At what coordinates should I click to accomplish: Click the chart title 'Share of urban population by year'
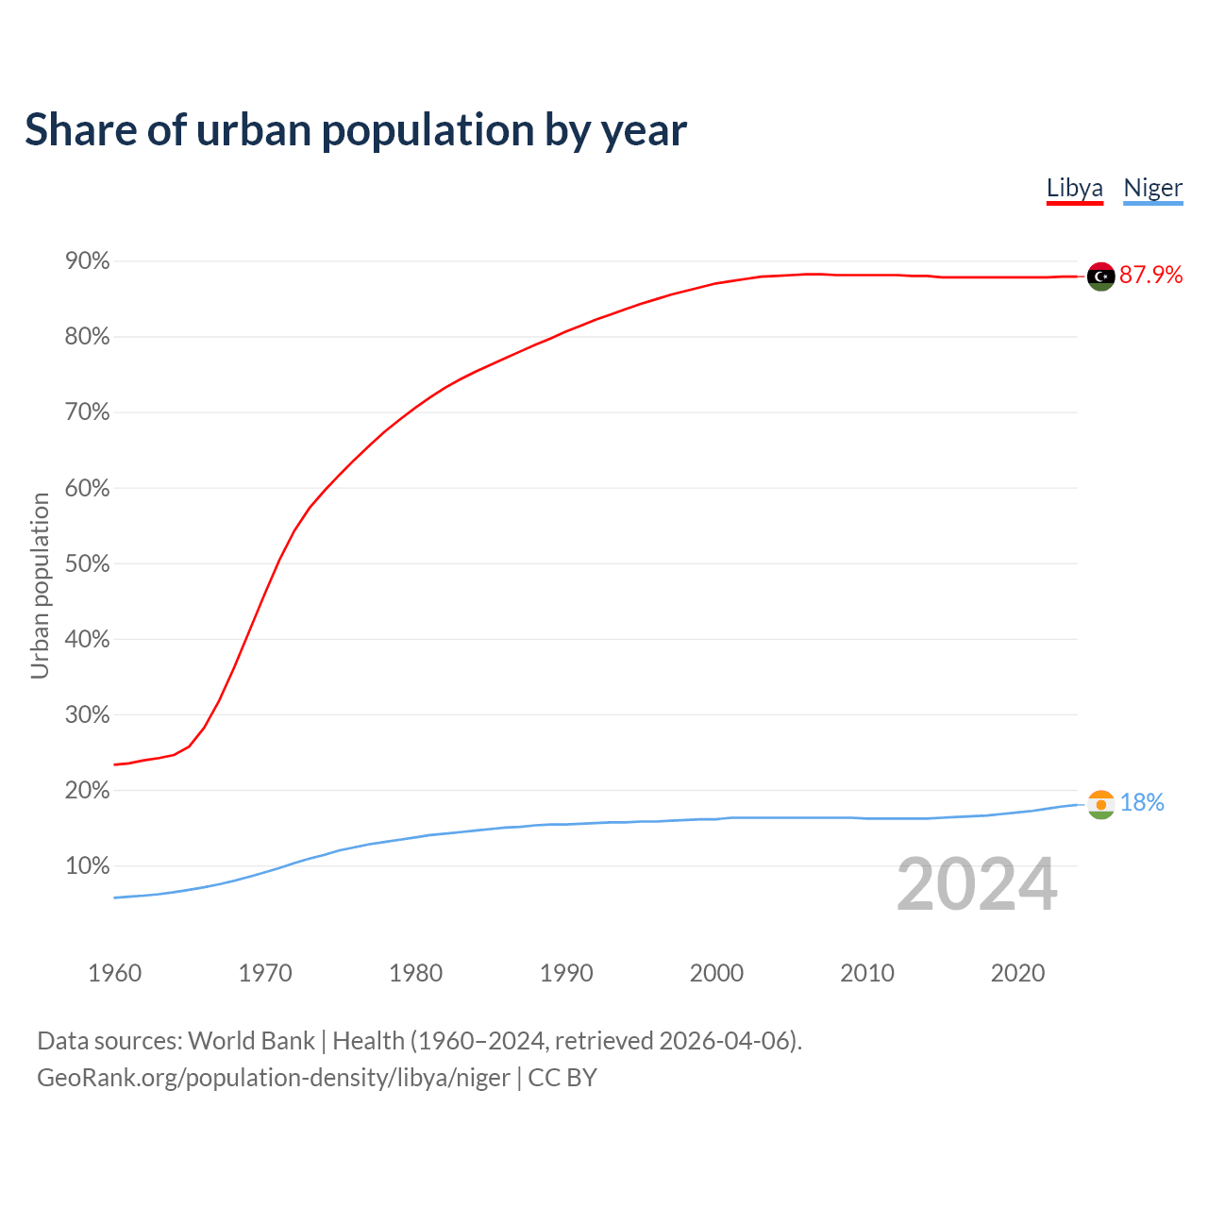pos(356,130)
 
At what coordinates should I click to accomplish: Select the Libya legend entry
pos(1075,188)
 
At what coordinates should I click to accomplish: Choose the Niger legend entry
pos(1152,188)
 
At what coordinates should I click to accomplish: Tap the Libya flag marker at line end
pos(1101,277)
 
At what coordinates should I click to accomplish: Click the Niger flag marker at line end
pos(1101,804)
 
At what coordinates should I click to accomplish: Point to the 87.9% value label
pos(1150,275)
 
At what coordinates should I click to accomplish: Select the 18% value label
pos(1142,802)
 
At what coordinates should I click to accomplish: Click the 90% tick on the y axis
pos(88,261)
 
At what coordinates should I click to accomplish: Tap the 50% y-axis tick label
pos(88,564)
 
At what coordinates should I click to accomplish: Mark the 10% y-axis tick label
pos(88,866)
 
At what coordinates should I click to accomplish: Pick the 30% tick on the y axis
pos(88,715)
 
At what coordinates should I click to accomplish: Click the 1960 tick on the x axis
pos(114,973)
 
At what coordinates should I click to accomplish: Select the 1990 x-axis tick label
pos(566,973)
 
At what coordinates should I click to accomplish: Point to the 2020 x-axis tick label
pos(1017,973)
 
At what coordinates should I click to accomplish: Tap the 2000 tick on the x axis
pos(716,973)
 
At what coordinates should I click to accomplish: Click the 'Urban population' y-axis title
pos(40,585)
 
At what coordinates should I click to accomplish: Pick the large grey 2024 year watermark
pos(977,884)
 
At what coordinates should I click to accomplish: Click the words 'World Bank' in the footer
pos(251,1041)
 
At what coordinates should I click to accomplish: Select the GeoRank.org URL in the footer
pos(274,1078)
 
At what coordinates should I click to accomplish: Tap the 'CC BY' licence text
pos(562,1078)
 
